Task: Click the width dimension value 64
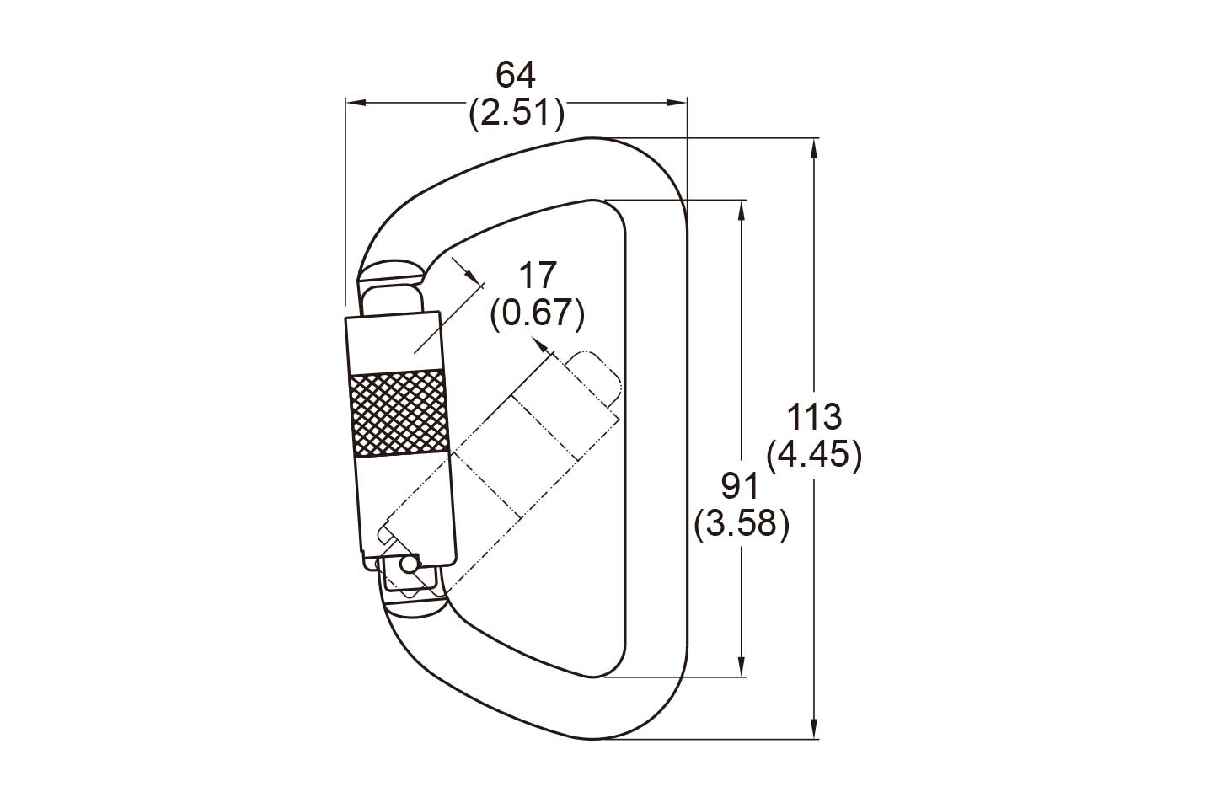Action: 516,75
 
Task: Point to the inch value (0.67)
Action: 537,313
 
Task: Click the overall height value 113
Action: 814,417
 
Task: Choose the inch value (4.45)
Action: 814,456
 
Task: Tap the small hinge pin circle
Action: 409,565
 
